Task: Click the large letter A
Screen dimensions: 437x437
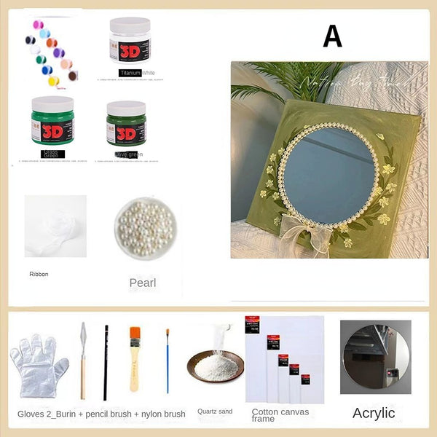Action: [332, 36]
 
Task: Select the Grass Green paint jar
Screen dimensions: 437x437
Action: [52, 121]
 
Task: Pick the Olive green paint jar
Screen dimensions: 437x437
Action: [126, 123]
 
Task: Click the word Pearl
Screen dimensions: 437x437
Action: [143, 283]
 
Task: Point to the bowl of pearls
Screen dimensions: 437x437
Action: [143, 228]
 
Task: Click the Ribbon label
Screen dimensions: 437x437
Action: [39, 275]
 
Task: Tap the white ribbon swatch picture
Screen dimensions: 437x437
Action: [55, 226]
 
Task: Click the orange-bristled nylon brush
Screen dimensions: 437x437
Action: [135, 357]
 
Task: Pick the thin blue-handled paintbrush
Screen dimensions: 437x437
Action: [167, 360]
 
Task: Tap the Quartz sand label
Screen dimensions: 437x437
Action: [215, 412]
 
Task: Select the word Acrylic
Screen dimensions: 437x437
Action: [374, 413]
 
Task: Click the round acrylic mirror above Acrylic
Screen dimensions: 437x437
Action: [375, 355]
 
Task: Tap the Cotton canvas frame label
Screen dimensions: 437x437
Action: [280, 415]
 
